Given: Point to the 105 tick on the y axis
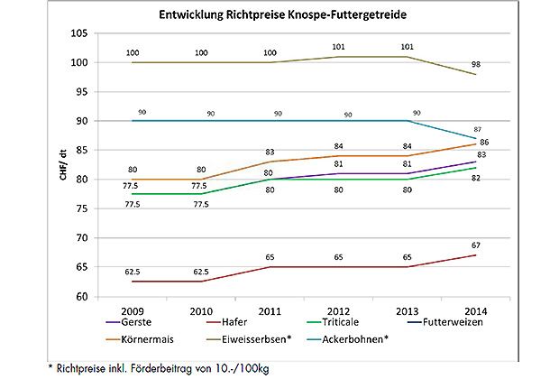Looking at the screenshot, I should (79, 33).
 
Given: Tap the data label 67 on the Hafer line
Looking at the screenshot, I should (481, 245).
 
